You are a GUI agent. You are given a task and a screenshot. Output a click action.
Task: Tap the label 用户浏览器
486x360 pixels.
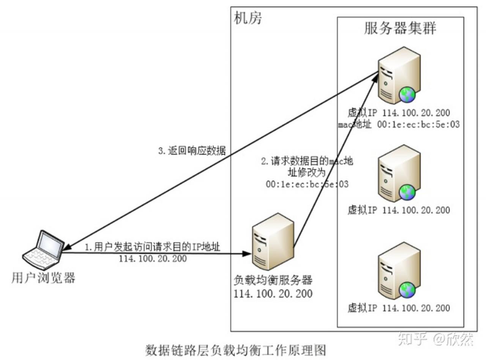(43, 278)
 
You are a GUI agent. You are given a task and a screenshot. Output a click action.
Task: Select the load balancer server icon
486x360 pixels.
(272, 241)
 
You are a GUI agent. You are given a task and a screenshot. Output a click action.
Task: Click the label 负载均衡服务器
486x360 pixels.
(273, 280)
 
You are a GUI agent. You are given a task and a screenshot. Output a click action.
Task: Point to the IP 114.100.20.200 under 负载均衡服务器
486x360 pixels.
(273, 293)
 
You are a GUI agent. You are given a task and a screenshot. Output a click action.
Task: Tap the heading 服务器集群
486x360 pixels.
(400, 29)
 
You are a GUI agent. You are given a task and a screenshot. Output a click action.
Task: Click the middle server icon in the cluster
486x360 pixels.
(399, 173)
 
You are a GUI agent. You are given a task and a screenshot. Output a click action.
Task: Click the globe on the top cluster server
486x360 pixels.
(407, 95)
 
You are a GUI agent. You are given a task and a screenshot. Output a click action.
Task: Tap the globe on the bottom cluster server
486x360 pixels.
(407, 290)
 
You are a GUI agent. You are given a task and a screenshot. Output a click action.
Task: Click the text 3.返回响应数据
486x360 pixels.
(192, 151)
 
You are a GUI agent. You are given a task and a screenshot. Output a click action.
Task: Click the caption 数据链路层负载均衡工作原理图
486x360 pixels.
(236, 350)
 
